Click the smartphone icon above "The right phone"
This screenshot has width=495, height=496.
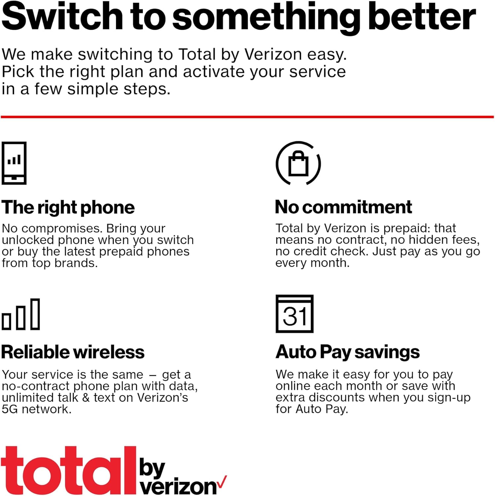point(14,163)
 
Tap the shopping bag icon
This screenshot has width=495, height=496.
point(298,163)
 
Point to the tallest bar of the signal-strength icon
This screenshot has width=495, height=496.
point(35,314)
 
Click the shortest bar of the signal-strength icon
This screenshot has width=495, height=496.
point(6,321)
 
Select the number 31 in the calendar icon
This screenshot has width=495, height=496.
point(295,317)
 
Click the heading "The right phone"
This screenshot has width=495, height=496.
point(68,208)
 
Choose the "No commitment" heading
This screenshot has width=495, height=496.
point(343,207)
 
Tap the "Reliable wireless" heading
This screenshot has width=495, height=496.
point(73,352)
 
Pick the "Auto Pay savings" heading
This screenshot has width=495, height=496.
point(347,352)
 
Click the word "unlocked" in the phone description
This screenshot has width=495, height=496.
point(23,240)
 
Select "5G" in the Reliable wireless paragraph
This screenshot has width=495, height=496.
point(10,409)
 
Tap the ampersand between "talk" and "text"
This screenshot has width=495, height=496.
point(86,398)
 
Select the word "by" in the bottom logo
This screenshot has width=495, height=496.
point(152,468)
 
